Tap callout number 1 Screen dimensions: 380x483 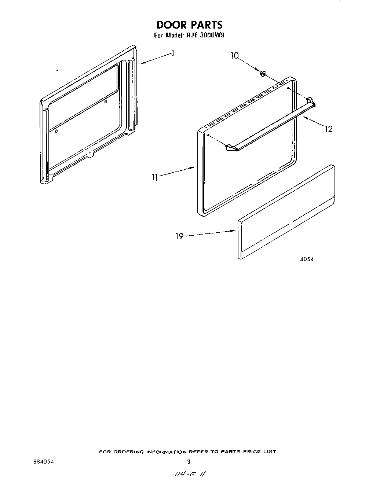172,54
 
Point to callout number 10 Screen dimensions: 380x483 234,56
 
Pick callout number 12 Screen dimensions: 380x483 328,129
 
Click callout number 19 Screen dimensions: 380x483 179,236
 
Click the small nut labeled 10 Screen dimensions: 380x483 263,74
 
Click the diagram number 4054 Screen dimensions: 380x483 307,259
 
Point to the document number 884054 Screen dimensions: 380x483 43,462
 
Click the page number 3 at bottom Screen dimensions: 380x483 189,462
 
